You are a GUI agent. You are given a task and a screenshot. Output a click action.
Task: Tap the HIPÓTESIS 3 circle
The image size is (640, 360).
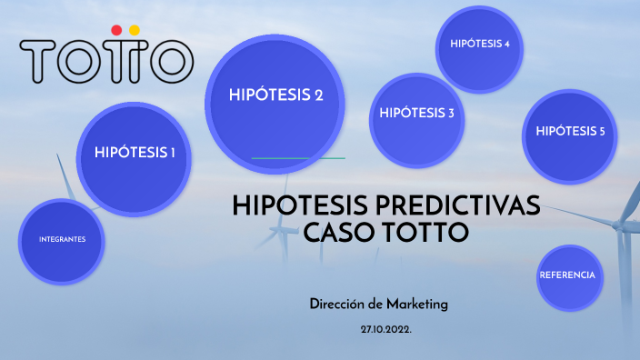[x=416, y=114]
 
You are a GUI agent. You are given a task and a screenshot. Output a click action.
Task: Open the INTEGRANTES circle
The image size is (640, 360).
[x=62, y=240]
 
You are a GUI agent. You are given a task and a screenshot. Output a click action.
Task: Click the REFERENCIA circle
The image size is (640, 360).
[x=566, y=275]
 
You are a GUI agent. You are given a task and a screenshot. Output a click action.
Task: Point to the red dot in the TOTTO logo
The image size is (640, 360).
[x=115, y=30]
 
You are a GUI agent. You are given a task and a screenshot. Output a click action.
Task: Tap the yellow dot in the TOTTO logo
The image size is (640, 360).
[x=135, y=30]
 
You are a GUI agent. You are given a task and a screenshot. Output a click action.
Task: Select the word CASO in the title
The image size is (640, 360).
[x=335, y=233]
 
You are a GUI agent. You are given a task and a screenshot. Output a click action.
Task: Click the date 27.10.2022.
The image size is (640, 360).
[x=385, y=328]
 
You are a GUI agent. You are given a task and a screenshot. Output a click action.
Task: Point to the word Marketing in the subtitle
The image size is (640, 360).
[x=415, y=305]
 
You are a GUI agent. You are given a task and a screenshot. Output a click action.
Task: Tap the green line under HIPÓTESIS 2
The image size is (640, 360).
[x=297, y=158]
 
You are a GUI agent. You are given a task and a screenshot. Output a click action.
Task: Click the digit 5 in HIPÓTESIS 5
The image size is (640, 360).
[x=601, y=132]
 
